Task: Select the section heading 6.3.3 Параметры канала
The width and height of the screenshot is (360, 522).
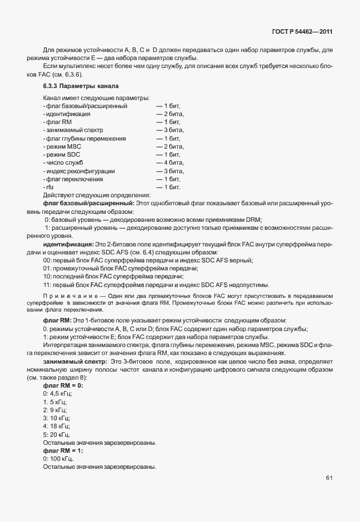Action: click(x=81, y=86)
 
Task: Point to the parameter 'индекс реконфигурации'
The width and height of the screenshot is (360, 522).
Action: click(x=79, y=171)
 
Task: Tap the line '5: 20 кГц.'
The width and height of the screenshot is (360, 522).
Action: click(x=56, y=435)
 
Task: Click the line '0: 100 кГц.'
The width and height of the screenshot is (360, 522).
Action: click(x=58, y=459)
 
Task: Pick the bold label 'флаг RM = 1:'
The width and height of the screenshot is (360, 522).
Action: click(x=63, y=451)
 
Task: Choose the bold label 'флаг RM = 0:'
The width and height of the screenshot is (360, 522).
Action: click(x=63, y=386)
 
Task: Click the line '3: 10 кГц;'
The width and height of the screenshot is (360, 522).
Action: click(x=56, y=418)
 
